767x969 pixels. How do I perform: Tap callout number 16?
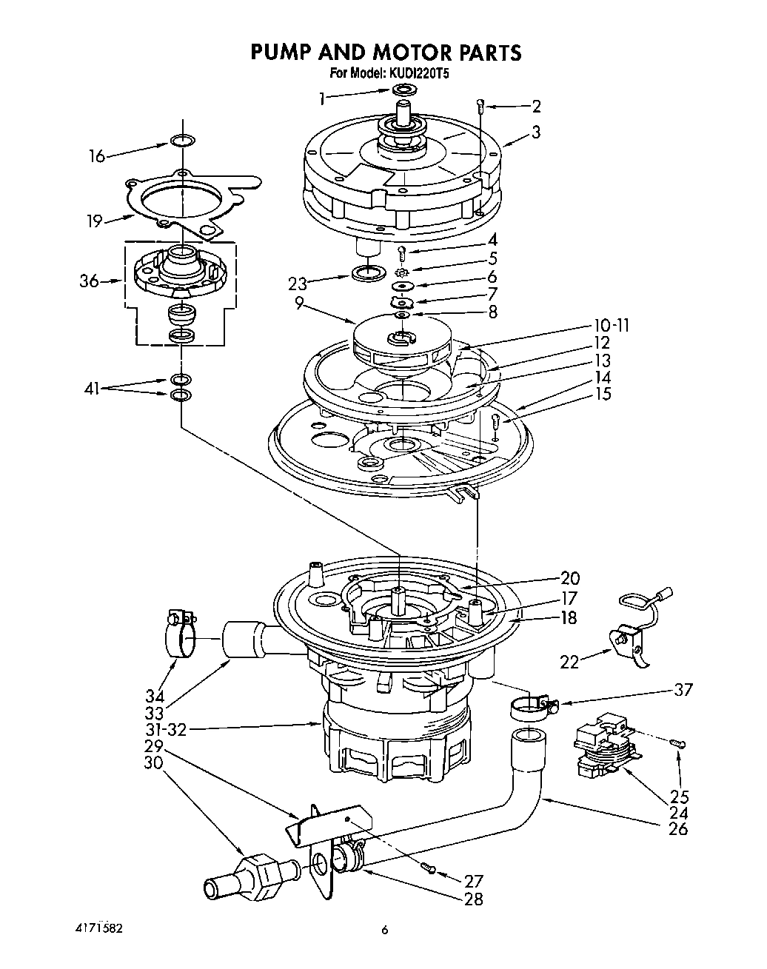pos(97,155)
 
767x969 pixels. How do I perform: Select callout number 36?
pos(90,281)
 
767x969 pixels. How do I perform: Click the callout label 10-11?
pos(611,326)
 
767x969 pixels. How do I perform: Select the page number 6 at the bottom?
pos(384,931)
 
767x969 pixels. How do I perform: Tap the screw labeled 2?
pos(481,105)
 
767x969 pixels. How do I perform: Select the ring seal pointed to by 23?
pos(368,272)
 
